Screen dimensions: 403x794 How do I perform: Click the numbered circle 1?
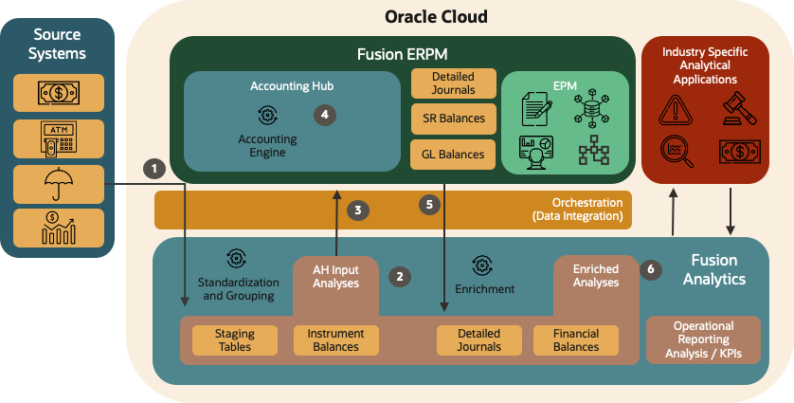(x=153, y=168)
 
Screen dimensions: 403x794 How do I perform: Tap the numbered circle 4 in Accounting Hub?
(x=325, y=115)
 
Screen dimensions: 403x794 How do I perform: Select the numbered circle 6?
(x=649, y=268)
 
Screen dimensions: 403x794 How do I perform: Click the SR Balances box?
(x=453, y=119)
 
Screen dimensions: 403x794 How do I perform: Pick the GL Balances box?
(x=453, y=154)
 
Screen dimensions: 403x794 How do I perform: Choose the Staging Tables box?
(x=235, y=339)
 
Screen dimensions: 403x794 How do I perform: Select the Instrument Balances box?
(x=336, y=339)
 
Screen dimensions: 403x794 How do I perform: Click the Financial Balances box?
(x=575, y=339)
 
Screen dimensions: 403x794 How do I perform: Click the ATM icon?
(x=59, y=137)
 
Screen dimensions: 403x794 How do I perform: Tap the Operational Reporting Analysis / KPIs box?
(x=703, y=339)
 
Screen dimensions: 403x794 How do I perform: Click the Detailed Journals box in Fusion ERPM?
(x=453, y=82)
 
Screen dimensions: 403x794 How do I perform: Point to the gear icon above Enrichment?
(x=483, y=266)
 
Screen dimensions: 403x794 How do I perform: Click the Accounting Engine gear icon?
(x=267, y=116)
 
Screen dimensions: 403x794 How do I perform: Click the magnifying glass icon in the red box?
(x=676, y=151)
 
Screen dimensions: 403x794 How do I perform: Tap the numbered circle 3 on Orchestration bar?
(x=357, y=211)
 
